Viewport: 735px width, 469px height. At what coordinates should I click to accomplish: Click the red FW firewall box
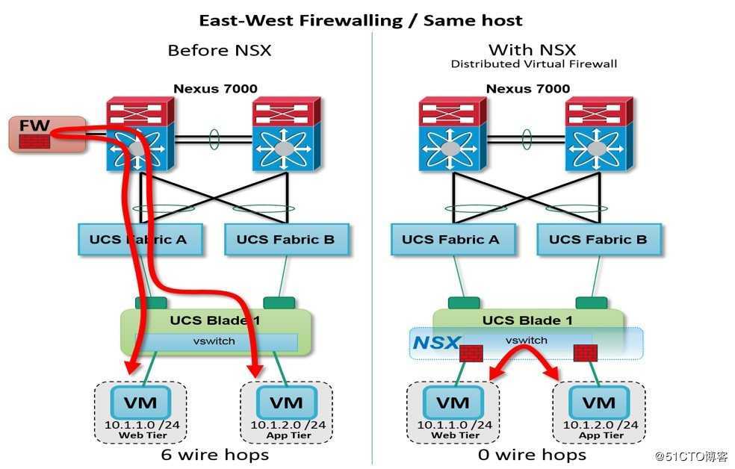47,134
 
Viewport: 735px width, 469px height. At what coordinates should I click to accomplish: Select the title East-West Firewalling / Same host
361,21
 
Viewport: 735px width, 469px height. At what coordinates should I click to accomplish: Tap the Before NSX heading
220,50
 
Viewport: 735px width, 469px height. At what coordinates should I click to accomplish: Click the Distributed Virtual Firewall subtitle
533,64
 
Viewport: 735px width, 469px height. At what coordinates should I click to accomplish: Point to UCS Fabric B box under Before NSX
286,240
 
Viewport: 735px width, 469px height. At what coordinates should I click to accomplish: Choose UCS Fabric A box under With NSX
453,240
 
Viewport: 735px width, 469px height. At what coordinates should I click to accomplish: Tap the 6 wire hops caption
214,455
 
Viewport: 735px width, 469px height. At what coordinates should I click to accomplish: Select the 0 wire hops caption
532,455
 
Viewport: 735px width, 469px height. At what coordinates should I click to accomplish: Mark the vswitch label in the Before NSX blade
214,341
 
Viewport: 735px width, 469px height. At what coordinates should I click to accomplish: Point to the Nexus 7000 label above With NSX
528,89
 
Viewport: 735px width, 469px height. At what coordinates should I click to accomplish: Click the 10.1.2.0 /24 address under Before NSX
288,425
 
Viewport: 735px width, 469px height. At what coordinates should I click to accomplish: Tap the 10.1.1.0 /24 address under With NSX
455,425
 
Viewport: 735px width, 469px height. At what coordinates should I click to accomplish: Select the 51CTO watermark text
691,456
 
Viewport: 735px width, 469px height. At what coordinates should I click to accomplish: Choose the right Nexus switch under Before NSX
286,135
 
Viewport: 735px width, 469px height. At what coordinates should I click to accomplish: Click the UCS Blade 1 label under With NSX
528,320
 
